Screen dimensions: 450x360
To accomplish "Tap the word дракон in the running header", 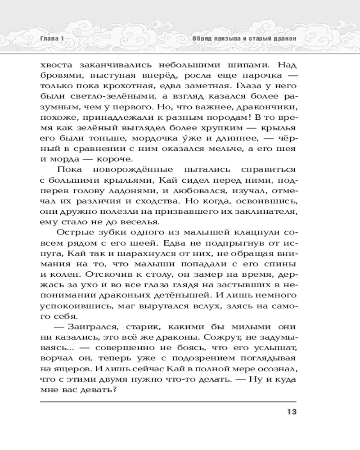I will click(x=284, y=39).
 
